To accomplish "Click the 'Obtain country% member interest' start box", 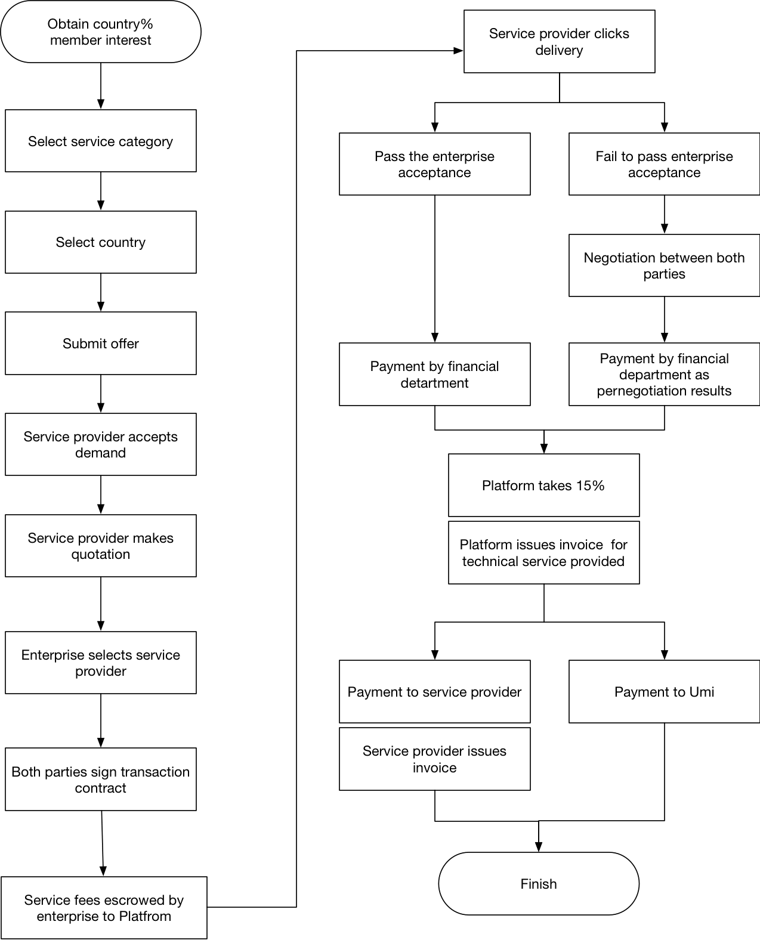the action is (101, 32).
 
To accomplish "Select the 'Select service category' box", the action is (101, 141).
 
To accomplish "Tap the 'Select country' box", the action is (101, 242).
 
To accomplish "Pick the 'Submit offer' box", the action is (101, 344).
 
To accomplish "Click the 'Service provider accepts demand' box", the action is (101, 444).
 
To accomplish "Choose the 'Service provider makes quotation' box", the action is (101, 546).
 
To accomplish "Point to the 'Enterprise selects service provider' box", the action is (101, 663).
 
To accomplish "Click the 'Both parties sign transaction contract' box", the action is (101, 780).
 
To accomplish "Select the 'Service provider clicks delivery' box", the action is (559, 42).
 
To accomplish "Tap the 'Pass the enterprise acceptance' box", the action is (435, 164).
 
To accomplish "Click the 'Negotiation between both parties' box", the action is (664, 265).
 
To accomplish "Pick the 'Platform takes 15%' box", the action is (543, 485).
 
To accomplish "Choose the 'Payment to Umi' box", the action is (664, 691).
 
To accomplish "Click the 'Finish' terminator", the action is (539, 883).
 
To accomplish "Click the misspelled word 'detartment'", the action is (435, 382).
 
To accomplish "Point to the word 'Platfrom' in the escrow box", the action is (145, 916).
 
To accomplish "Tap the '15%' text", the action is (590, 486).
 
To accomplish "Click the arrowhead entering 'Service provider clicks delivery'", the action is (458, 51).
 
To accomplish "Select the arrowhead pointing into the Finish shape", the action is (539, 847).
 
